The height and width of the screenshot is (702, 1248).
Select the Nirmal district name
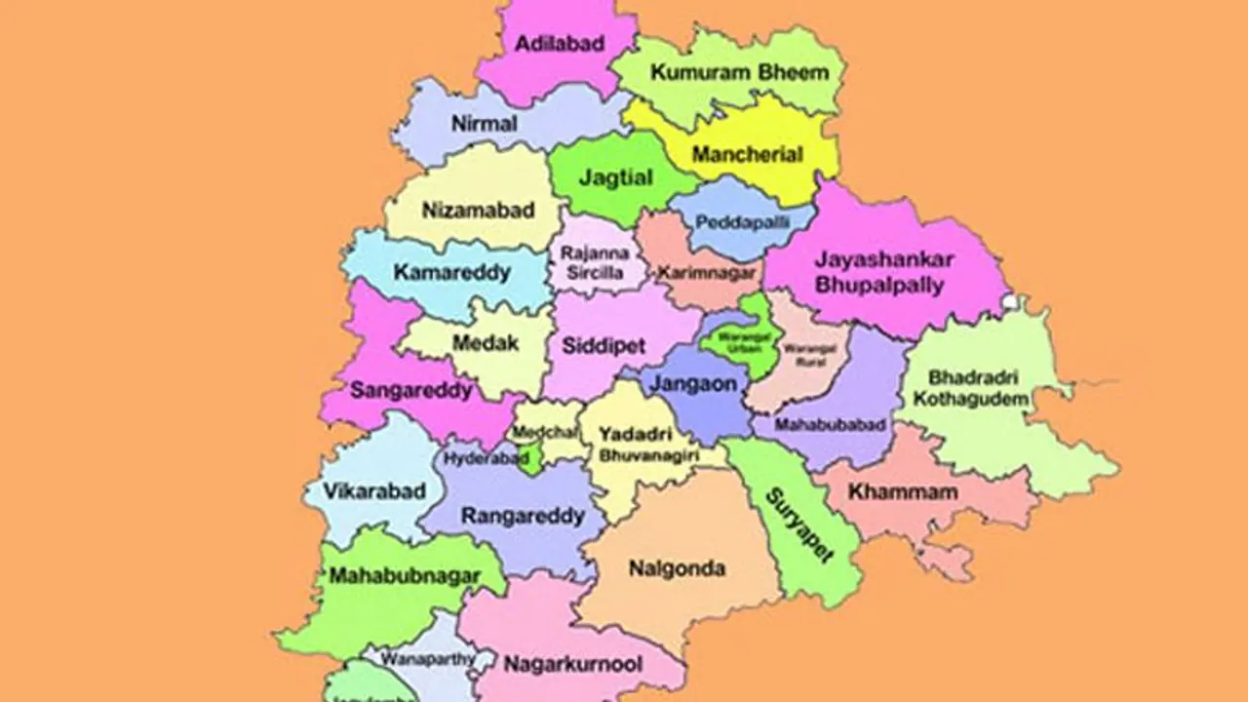(x=484, y=124)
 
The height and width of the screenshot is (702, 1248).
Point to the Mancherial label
(x=747, y=154)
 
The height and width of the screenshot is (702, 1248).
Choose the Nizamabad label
(x=465, y=210)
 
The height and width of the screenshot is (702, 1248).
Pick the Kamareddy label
(x=451, y=273)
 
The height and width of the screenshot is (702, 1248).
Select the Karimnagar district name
(x=706, y=273)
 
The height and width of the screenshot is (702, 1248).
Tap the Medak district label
(x=486, y=343)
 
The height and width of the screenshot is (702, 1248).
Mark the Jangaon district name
(x=694, y=384)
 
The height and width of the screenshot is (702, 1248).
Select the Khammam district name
(x=889, y=492)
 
